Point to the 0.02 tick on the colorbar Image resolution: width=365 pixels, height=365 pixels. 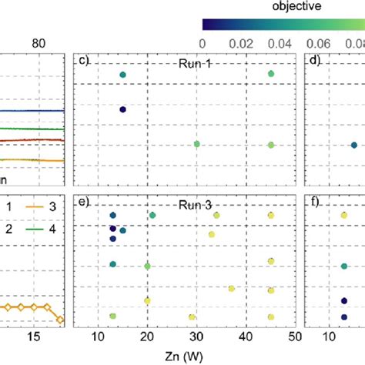(x=254, y=45)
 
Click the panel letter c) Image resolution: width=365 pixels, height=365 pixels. (x=80, y=59)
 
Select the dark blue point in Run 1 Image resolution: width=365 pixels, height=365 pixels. (x=122, y=109)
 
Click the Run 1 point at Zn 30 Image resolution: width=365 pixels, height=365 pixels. (x=197, y=144)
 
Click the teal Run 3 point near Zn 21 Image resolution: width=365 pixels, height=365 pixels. (x=152, y=216)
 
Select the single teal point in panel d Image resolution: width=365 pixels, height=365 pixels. (x=353, y=145)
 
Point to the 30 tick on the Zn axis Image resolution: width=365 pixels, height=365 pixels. (x=197, y=337)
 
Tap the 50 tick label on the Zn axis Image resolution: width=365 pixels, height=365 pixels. (x=296, y=337)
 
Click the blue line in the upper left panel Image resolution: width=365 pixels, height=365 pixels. (x=31, y=110)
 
